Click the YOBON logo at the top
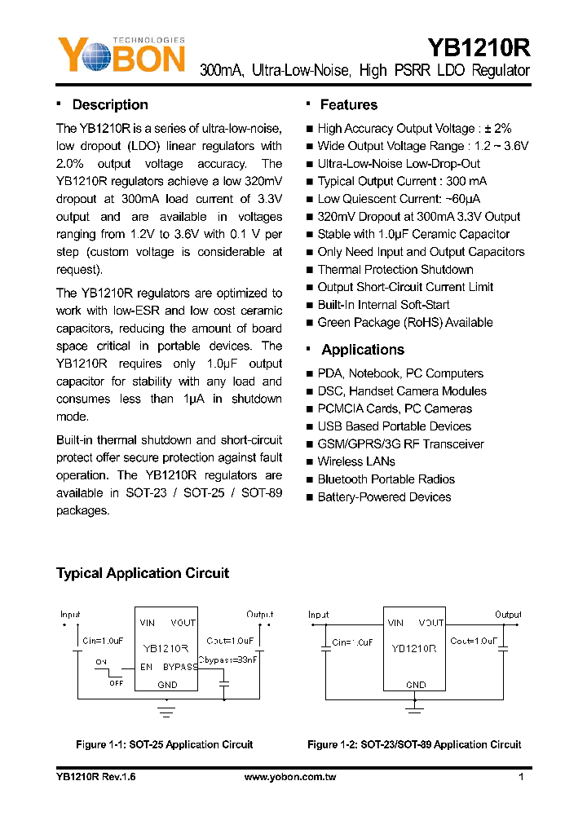click(121, 55)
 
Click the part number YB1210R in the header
click(479, 45)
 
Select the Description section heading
click(110, 105)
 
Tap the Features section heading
click(348, 105)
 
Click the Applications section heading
click(362, 350)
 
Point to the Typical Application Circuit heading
click(143, 573)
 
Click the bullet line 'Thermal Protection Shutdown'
click(395, 270)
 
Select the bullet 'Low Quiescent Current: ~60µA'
click(399, 199)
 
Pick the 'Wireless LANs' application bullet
click(356, 461)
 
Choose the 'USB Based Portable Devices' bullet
click(394, 426)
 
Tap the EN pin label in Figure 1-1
click(146, 666)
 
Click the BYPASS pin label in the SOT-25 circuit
click(179, 666)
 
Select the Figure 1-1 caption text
click(164, 744)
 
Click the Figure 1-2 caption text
click(413, 744)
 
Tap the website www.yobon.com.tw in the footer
click(290, 778)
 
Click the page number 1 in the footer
click(520, 778)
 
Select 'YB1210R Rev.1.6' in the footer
click(95, 778)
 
